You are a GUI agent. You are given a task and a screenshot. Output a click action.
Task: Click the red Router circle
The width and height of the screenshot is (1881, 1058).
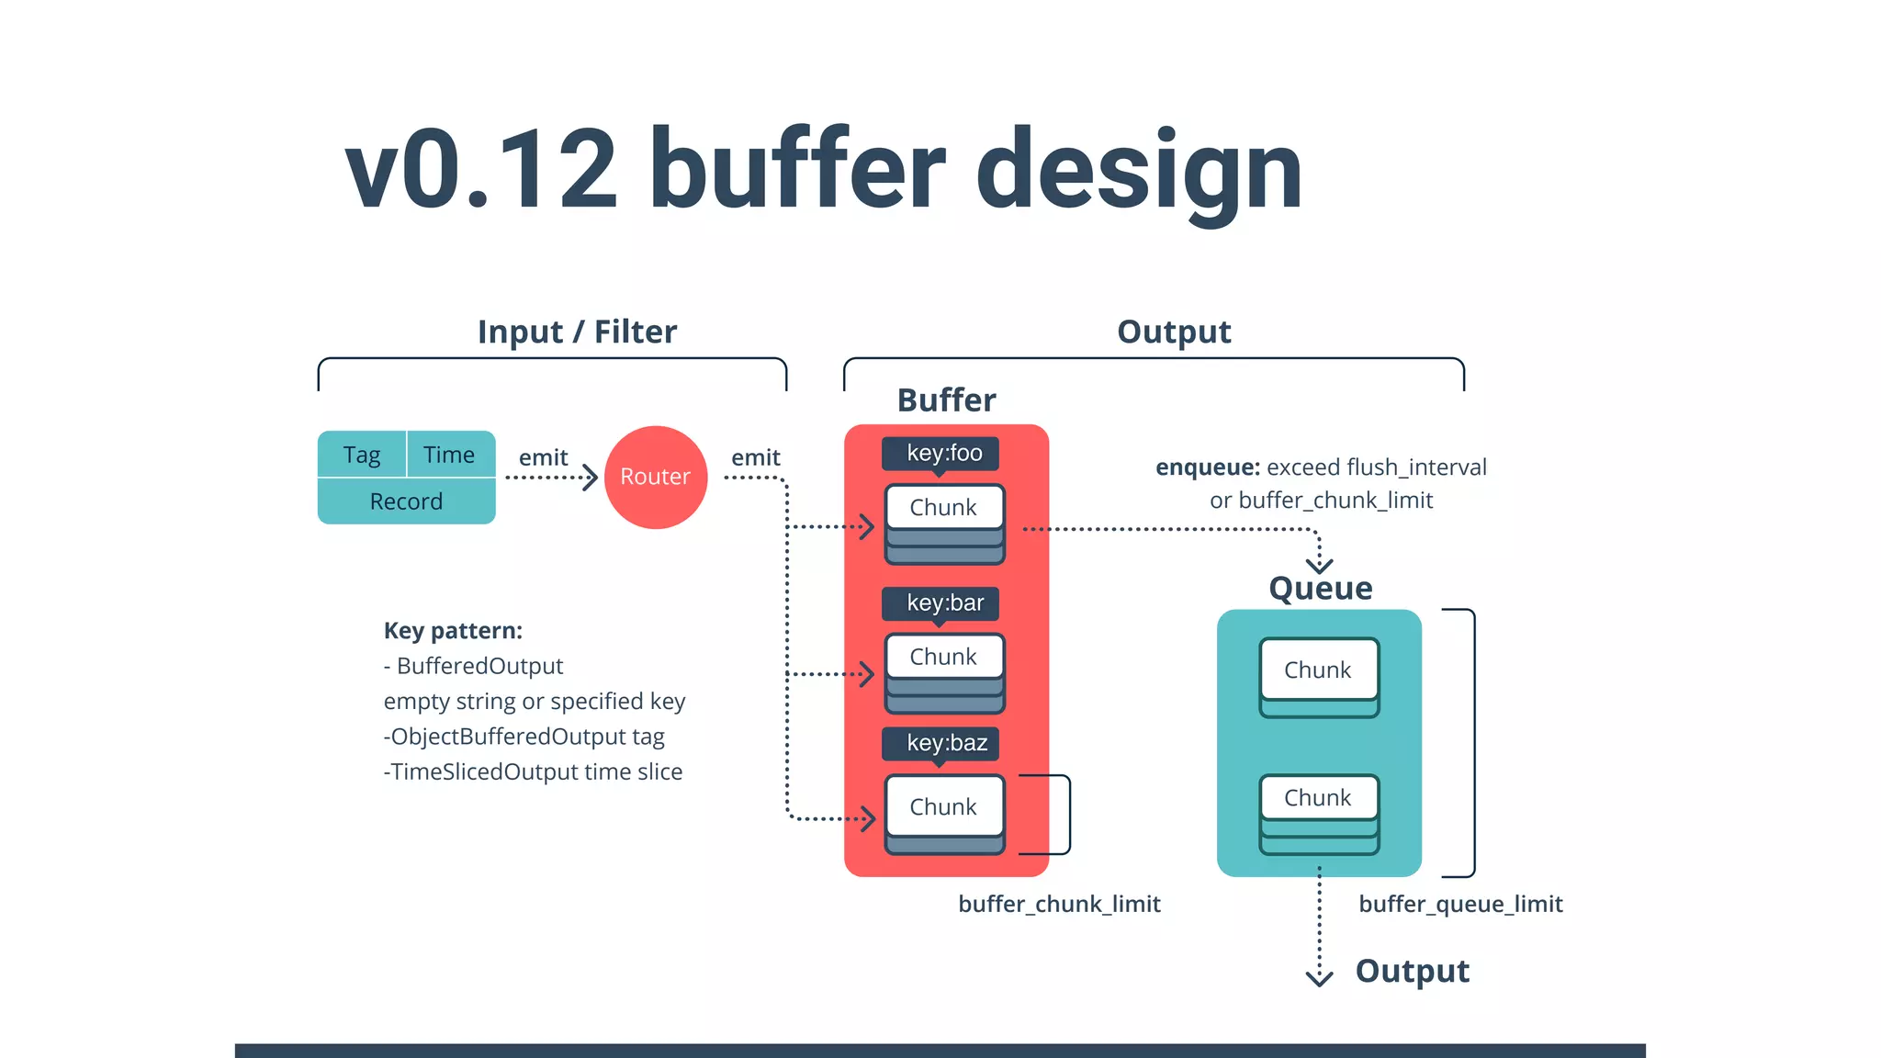click(655, 477)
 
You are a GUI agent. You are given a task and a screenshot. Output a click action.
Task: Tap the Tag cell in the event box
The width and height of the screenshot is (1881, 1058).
click(362, 455)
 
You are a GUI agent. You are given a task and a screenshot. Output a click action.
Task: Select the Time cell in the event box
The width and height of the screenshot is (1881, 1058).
click(449, 455)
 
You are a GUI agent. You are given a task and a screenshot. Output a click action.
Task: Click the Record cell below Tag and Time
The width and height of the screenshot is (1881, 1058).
click(406, 501)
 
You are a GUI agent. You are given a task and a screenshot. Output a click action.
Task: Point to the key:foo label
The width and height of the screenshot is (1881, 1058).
click(943, 453)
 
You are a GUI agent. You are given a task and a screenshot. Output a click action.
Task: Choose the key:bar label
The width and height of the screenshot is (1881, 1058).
click(944, 602)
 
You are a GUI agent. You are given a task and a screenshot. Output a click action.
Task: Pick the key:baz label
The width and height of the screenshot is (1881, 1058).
click(946, 743)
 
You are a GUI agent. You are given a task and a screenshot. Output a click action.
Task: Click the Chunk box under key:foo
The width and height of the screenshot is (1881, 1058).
click(943, 508)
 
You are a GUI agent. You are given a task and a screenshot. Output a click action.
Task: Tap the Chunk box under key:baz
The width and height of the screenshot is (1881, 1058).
click(943, 806)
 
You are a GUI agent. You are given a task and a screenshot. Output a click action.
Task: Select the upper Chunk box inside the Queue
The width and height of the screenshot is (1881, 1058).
click(1318, 670)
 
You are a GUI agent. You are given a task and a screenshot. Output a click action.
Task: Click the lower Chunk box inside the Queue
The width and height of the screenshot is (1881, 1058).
click(1318, 797)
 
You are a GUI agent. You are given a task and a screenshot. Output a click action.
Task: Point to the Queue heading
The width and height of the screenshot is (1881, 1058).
click(1320, 589)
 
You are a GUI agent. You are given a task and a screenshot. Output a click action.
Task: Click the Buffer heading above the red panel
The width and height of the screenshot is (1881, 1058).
click(946, 400)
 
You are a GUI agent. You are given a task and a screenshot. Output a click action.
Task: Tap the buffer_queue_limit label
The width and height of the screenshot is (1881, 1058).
click(1460, 904)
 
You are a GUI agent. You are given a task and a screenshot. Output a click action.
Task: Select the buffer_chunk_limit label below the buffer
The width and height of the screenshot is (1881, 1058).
click(1059, 904)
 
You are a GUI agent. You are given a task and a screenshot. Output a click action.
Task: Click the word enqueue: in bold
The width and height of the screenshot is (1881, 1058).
click(1207, 467)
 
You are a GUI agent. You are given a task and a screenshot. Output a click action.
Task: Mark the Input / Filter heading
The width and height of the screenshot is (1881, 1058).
click(577, 332)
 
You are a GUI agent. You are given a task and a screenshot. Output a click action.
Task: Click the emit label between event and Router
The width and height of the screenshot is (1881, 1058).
click(543, 457)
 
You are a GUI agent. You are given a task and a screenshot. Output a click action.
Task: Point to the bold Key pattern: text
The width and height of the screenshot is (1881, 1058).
click(453, 631)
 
